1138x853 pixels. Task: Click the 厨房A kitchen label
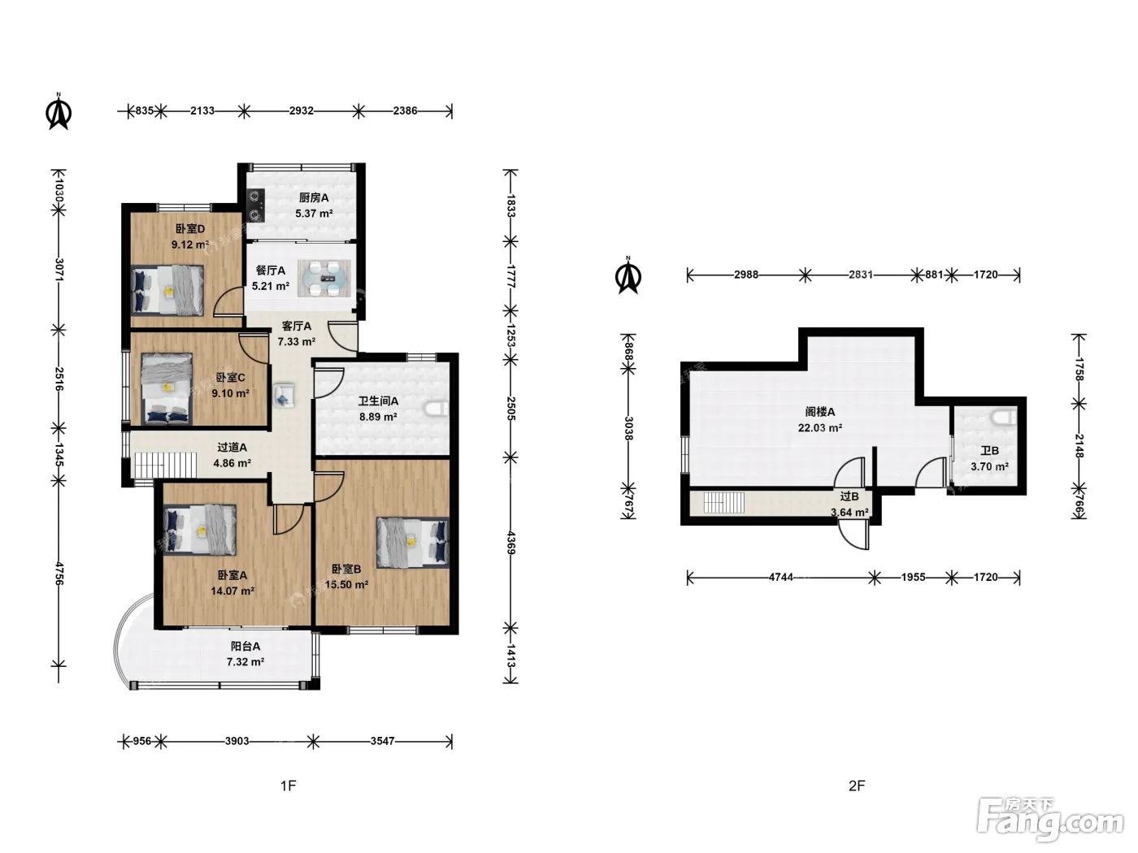[x=314, y=198]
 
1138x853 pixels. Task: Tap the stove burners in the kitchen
[x=255, y=205]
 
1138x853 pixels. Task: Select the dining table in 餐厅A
[x=324, y=278]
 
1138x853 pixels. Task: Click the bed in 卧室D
[x=167, y=291]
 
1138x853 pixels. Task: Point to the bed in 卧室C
[x=167, y=389]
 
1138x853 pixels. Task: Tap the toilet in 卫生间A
[x=437, y=409]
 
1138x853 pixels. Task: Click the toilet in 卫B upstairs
[x=1004, y=417]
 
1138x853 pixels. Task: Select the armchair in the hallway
[x=284, y=395]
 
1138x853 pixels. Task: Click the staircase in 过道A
[x=165, y=465]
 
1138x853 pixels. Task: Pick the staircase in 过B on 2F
[x=724, y=503]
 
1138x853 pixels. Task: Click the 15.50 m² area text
[x=346, y=585]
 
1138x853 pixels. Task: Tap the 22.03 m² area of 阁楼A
[x=819, y=428]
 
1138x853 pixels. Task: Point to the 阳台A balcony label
[x=245, y=647]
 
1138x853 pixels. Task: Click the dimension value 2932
[x=302, y=110]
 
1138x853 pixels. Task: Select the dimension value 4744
[x=781, y=578]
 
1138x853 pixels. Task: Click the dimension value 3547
[x=383, y=742]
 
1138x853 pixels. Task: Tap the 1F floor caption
[x=289, y=786]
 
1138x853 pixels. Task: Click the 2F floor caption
[x=857, y=786]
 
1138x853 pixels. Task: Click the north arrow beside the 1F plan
[x=59, y=111]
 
